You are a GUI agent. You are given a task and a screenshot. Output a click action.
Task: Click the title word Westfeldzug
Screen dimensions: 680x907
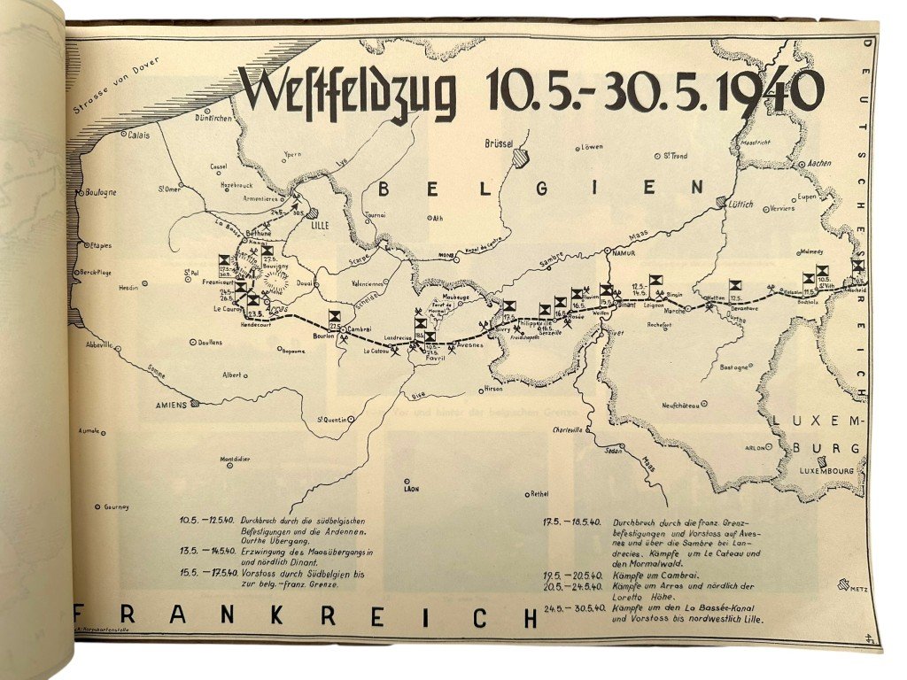349,92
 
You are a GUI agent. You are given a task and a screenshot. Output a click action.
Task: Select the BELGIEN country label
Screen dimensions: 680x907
542,188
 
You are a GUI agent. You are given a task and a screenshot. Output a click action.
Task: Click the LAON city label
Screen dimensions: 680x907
409,489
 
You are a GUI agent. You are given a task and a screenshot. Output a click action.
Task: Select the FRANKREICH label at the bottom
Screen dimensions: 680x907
306,617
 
